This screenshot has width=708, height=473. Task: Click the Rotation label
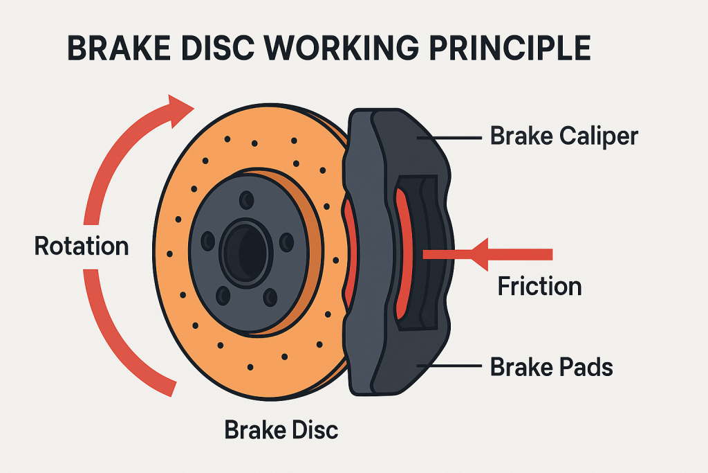82,246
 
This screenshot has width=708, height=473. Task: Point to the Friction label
539,286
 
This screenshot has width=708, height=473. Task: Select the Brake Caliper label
563,136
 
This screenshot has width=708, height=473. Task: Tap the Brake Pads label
552,367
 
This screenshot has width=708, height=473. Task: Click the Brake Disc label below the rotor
281,429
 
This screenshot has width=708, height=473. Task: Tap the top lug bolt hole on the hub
245,200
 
